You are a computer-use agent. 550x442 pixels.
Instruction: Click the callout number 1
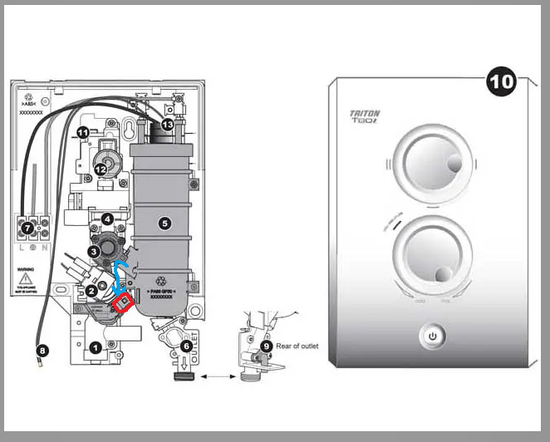96,348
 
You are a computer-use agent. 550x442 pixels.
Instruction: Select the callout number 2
90,290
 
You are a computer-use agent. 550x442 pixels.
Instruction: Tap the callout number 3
95,251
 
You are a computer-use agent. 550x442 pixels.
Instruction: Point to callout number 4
107,219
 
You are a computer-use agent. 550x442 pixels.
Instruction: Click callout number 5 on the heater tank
165,223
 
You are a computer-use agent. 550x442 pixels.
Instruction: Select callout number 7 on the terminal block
27,226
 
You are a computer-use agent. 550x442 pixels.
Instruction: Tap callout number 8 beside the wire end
43,351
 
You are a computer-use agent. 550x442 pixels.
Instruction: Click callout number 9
266,346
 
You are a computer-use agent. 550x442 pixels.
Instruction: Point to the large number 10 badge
503,83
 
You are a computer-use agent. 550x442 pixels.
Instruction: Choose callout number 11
82,133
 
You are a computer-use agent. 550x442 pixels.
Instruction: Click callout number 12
101,169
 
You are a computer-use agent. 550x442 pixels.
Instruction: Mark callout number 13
168,125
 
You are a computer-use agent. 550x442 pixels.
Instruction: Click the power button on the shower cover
431,337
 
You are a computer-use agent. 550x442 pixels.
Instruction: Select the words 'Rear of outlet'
296,346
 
